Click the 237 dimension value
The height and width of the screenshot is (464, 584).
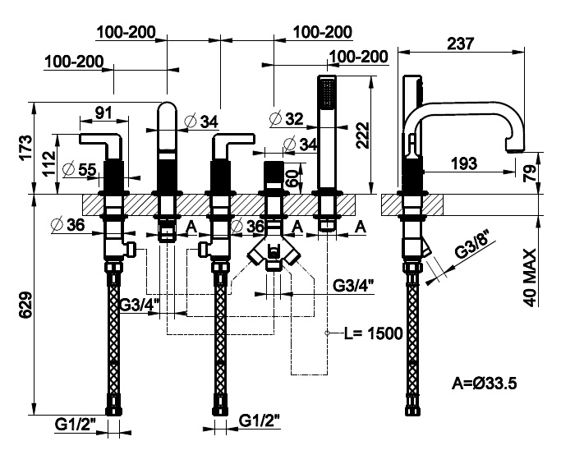(460, 44)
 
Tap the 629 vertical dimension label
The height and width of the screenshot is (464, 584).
(25, 305)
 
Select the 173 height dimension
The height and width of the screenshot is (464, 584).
(26, 148)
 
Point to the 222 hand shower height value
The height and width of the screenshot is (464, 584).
(362, 136)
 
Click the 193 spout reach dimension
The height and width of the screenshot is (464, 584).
(464, 163)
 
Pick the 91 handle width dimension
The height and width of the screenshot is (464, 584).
(103, 112)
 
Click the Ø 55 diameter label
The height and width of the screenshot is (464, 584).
(80, 170)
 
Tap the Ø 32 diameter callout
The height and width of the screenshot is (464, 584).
(286, 119)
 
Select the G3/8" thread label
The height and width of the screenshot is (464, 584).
(473, 245)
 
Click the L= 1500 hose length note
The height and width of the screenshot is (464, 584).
(373, 333)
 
